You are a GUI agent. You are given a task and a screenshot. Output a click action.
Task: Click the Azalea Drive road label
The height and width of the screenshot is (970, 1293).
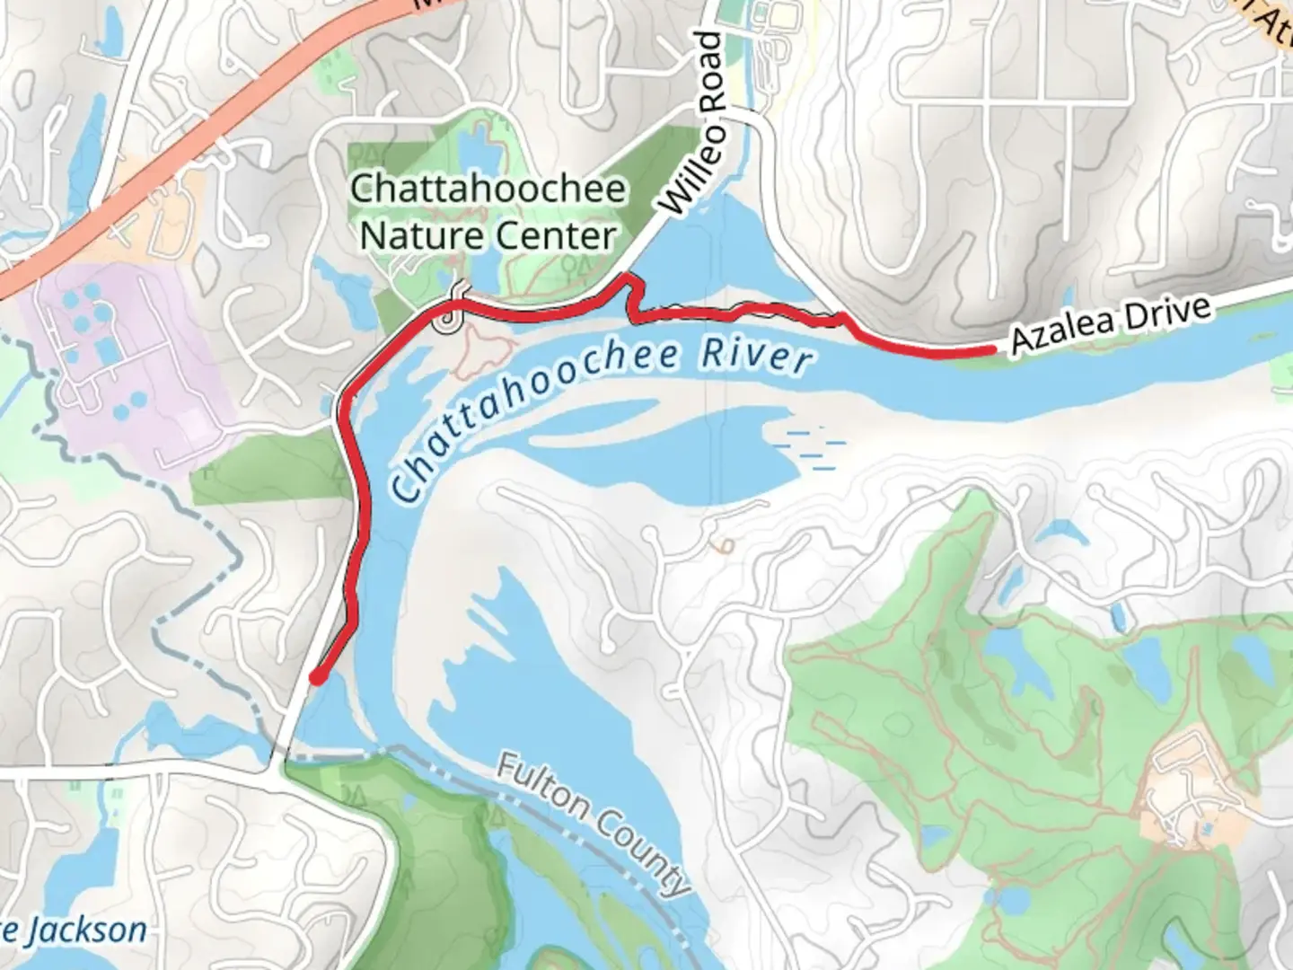(x=1110, y=325)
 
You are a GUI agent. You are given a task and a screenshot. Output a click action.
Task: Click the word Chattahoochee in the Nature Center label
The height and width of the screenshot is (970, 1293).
(x=488, y=190)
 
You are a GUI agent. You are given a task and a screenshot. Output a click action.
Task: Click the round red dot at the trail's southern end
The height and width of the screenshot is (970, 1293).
(x=316, y=677)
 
